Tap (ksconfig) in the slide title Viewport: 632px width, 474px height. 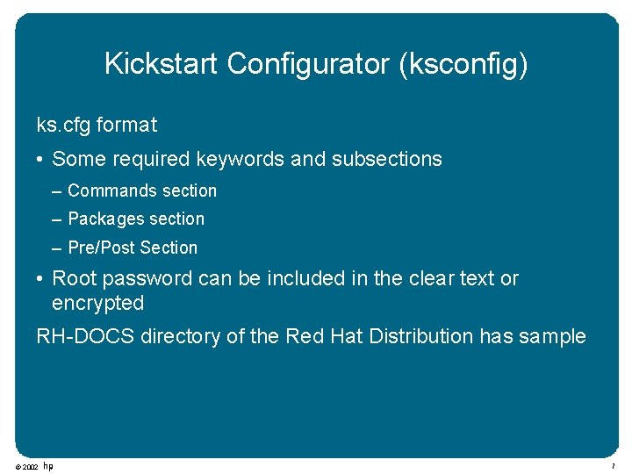coord(463,64)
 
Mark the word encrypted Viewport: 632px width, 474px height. coord(97,303)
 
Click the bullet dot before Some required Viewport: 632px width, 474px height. coord(41,160)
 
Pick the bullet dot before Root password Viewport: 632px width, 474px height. coord(41,279)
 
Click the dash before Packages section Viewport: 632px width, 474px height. coord(57,219)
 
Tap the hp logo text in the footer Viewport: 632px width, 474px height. coord(48,466)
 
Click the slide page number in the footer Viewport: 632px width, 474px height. coord(614,466)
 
